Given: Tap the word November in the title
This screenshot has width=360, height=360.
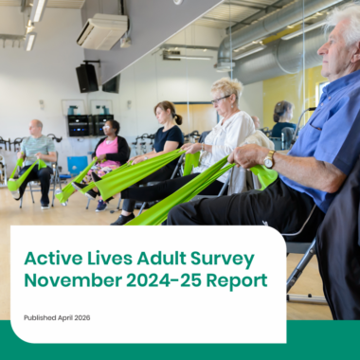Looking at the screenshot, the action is point(73,280).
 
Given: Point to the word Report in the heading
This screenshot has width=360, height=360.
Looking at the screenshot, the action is point(237,280).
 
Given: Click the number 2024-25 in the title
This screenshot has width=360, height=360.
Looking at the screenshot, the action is point(164,280).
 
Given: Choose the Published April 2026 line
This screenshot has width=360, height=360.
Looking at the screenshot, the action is point(57,317).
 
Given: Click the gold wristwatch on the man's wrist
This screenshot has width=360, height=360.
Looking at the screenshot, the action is point(269,159).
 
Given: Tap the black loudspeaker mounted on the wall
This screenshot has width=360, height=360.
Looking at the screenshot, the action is point(87,78).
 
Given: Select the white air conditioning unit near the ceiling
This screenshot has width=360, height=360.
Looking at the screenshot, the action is point(102,31).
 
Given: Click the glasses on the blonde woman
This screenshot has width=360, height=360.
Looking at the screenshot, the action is point(220,99).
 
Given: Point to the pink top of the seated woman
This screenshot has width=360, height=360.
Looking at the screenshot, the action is point(108,152).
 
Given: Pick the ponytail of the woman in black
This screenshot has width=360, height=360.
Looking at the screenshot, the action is point(178,119).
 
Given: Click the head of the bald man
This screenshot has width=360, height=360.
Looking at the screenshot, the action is point(36,128).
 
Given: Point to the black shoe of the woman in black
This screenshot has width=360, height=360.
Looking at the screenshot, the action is point(122,219).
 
